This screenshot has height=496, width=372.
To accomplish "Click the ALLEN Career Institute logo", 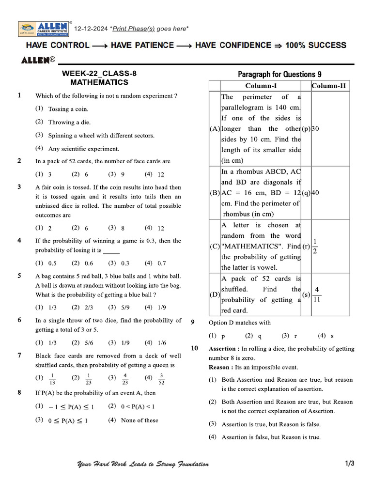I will point(45,29).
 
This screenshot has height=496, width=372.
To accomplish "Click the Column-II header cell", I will point(329,86).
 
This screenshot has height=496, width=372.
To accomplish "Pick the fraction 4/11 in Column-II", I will point(317,294).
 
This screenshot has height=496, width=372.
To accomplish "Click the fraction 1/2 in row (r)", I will point(315,246).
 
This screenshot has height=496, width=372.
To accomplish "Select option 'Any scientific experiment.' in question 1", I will point(83,149).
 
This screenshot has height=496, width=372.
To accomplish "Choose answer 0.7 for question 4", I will point(161,263).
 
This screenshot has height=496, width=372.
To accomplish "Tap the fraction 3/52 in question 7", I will point(161,378).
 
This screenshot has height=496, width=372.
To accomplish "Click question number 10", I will point(195,348).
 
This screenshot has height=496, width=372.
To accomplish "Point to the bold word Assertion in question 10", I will point(223,349).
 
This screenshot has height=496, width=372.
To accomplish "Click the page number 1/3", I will point(350,464).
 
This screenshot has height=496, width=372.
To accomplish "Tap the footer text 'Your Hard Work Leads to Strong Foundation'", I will point(143,464).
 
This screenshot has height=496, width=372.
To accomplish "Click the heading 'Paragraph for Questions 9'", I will point(279,74).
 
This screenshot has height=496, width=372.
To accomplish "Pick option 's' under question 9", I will point(332,336).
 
